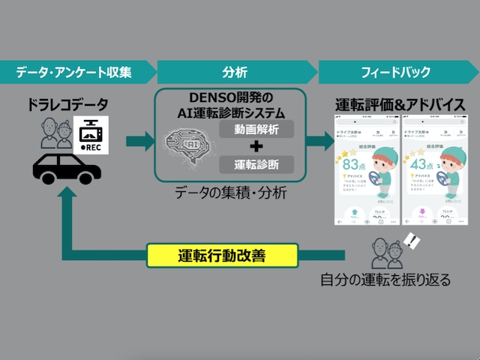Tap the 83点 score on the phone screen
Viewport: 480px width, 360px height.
[350, 163]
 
